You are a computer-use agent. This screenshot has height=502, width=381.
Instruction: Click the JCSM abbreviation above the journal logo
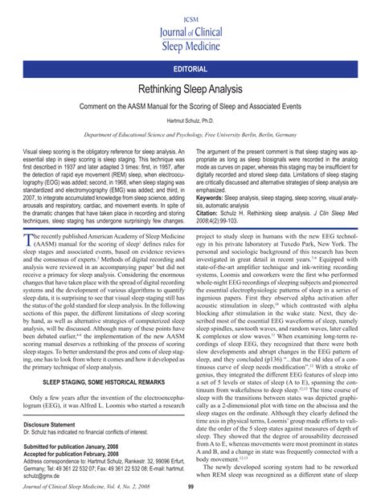190,7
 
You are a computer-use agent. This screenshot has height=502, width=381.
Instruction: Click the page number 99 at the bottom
190,486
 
